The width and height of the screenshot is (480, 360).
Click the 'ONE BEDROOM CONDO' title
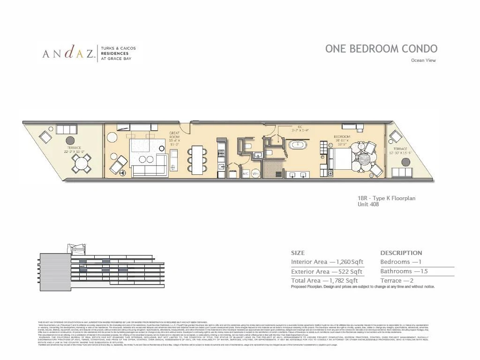click(381, 49)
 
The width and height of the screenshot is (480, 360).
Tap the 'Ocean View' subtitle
click(423, 60)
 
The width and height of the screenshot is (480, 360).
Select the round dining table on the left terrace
click(82, 164)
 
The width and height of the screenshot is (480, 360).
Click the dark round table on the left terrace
click(71, 140)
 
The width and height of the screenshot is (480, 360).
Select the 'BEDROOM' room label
click(342, 137)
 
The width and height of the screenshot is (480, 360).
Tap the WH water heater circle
click(256, 173)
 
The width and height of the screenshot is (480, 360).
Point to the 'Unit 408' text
click(368, 204)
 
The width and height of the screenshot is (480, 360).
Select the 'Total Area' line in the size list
click(324, 280)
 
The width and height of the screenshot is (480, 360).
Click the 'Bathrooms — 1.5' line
click(404, 271)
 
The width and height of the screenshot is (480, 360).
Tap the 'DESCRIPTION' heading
click(401, 253)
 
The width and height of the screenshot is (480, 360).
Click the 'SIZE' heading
click(298, 253)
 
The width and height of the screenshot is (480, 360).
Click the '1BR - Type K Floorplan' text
click(386, 198)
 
